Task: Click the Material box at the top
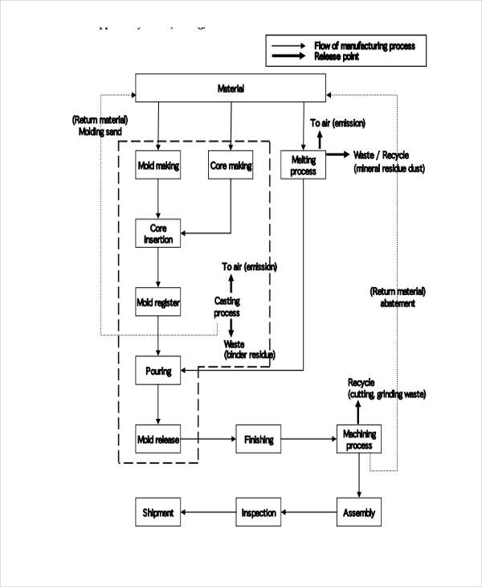pyautogui.click(x=231, y=88)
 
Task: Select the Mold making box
pyautogui.click(x=158, y=166)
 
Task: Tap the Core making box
pyautogui.click(x=231, y=166)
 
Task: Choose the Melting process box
pyautogui.click(x=303, y=165)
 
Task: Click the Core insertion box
pyautogui.click(x=158, y=233)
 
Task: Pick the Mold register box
pyautogui.click(x=158, y=303)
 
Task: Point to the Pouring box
pyautogui.click(x=158, y=371)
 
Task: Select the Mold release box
pyautogui.click(x=158, y=439)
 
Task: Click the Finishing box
pyautogui.click(x=259, y=440)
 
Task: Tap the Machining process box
pyautogui.click(x=359, y=440)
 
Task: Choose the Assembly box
pyautogui.click(x=358, y=512)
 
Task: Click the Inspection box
pyautogui.click(x=259, y=512)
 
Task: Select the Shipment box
pyautogui.click(x=158, y=512)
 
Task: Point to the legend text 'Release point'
pyautogui.click(x=337, y=56)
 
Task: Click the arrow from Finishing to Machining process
pyautogui.click(x=308, y=440)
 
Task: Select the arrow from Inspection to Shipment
pyautogui.click(x=209, y=512)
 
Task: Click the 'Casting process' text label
pyautogui.click(x=227, y=307)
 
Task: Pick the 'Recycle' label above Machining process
pyautogui.click(x=361, y=383)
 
